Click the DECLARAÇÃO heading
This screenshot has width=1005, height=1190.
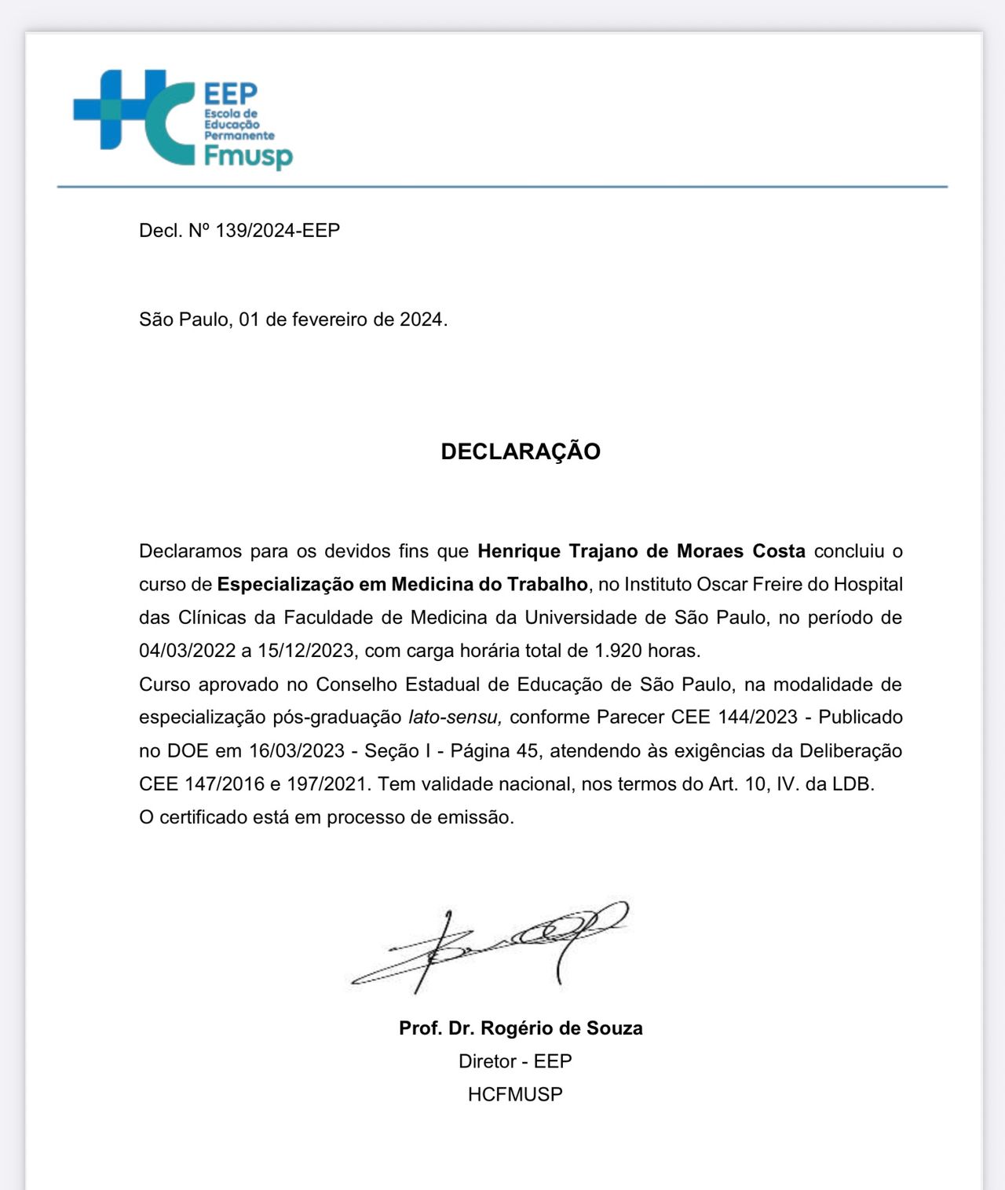pyautogui.click(x=521, y=451)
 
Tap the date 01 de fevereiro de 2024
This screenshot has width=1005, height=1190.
pyautogui.click(x=342, y=319)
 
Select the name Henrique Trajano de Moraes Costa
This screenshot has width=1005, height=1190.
pyautogui.click(x=641, y=551)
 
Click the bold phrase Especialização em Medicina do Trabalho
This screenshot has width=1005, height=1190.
pyautogui.click(x=402, y=585)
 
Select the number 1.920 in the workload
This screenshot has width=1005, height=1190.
pyautogui.click(x=618, y=651)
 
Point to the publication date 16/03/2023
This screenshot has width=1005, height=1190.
pyautogui.click(x=297, y=751)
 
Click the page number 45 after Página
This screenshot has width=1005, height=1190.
pyautogui.click(x=527, y=751)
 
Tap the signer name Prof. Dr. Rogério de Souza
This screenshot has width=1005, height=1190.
pyautogui.click(x=521, y=1028)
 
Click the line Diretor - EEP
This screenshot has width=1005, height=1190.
pyautogui.click(x=515, y=1061)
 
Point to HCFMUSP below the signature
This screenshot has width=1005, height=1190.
pyautogui.click(x=515, y=1094)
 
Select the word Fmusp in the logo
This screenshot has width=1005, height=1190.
pyautogui.click(x=248, y=156)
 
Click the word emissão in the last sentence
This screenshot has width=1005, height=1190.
pyautogui.click(x=480, y=817)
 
